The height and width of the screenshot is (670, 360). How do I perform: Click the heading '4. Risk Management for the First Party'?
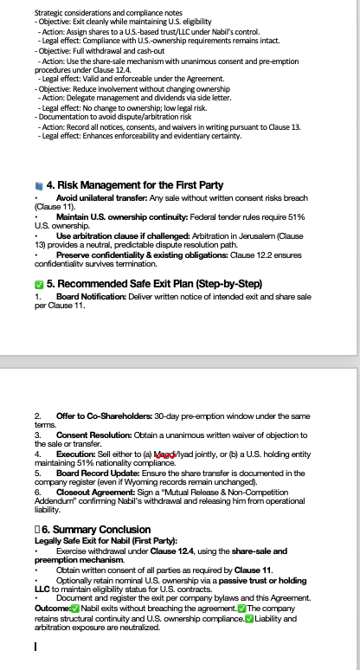coord(134,185)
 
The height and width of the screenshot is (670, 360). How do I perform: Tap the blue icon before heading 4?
coord(38,185)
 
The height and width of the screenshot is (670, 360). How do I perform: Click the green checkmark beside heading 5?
coord(38,283)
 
